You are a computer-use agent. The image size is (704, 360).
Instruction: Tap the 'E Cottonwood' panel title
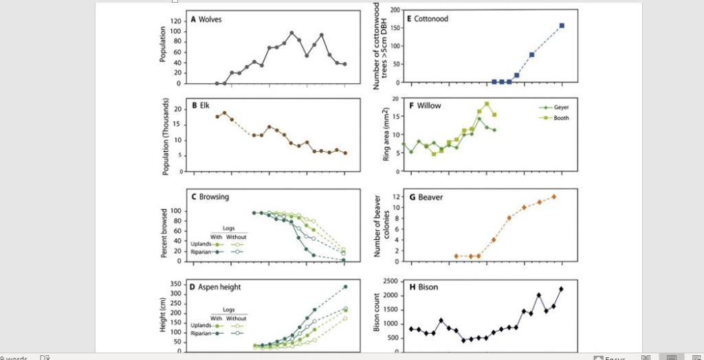(x=427, y=19)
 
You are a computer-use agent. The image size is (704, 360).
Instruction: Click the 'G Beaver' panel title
(x=426, y=197)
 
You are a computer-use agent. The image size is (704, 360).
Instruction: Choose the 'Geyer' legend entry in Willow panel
(x=553, y=107)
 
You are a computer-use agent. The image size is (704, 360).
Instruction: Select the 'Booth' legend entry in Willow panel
(x=553, y=117)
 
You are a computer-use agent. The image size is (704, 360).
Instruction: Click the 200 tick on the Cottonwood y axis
(x=395, y=10)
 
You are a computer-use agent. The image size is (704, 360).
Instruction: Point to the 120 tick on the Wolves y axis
(x=175, y=21)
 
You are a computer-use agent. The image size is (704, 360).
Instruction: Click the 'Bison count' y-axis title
(x=377, y=314)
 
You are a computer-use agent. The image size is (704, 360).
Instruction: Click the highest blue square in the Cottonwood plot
(x=562, y=25)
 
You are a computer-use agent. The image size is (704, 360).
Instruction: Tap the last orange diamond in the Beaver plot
(x=553, y=196)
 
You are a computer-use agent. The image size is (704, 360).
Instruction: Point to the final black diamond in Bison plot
(x=561, y=289)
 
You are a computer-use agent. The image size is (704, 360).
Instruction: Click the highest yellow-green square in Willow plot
(x=487, y=104)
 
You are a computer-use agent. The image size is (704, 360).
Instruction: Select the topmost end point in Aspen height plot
(x=345, y=286)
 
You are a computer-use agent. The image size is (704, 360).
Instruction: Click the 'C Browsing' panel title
(x=210, y=196)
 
